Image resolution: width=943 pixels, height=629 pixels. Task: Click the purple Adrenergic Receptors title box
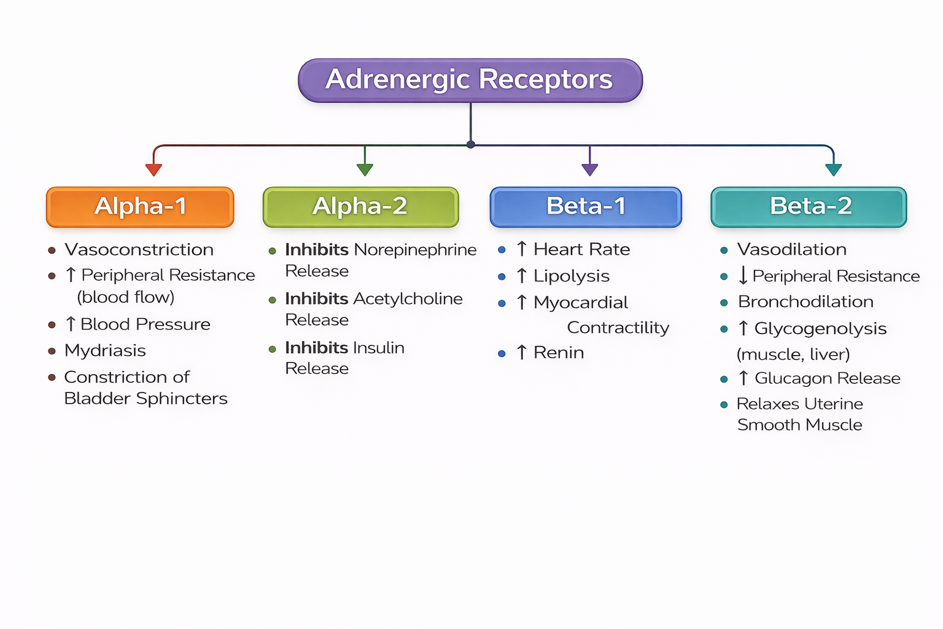click(x=470, y=80)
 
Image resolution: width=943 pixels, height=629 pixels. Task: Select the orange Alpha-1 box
click(x=140, y=207)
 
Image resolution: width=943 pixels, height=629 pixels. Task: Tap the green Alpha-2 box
click(x=360, y=207)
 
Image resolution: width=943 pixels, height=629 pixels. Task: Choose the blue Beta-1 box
click(x=586, y=207)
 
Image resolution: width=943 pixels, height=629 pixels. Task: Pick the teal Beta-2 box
click(x=809, y=207)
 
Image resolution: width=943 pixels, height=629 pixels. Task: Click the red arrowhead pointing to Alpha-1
click(x=153, y=170)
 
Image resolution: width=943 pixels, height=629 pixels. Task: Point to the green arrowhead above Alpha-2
click(x=365, y=170)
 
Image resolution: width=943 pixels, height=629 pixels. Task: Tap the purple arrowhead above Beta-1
click(x=589, y=170)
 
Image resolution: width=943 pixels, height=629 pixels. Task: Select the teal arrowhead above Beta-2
click(x=833, y=170)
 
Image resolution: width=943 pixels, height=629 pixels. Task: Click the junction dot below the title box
click(x=470, y=144)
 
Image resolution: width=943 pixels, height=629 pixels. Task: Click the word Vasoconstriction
click(x=139, y=250)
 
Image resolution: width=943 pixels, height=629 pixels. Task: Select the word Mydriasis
click(x=105, y=351)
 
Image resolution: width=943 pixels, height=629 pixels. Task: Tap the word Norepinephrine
click(x=415, y=250)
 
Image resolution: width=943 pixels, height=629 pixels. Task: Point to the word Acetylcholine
click(x=408, y=299)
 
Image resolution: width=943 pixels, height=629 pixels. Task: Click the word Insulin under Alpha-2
click(x=379, y=348)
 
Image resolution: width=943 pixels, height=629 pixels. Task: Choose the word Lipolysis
click(x=572, y=276)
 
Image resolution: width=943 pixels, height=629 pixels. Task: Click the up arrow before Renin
click(x=522, y=353)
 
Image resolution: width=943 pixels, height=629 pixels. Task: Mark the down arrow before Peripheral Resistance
click(x=743, y=276)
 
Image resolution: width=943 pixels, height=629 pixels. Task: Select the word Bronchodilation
click(x=805, y=302)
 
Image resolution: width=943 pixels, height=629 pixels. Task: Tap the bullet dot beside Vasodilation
click(x=724, y=250)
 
